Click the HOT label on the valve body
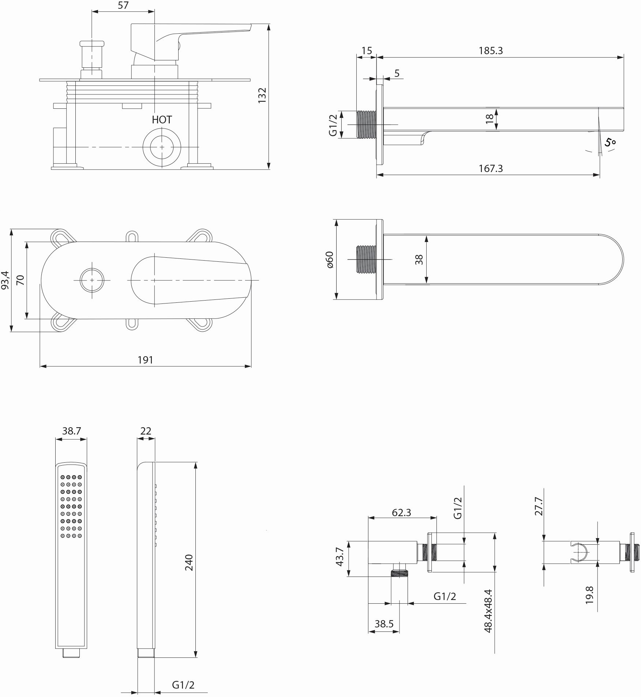pyautogui.click(x=162, y=120)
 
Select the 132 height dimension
pyautogui.click(x=262, y=96)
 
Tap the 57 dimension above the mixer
pyautogui.click(x=123, y=5)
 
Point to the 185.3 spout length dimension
pyautogui.click(x=491, y=51)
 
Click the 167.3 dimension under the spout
pyautogui.click(x=491, y=168)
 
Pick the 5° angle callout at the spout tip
pyautogui.click(x=610, y=142)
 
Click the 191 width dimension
pyautogui.click(x=145, y=360)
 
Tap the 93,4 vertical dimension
pyautogui.click(x=5, y=280)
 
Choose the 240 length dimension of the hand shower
pyautogui.click(x=189, y=562)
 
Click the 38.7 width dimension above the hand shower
pyautogui.click(x=71, y=431)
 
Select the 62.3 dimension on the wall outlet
pyautogui.click(x=401, y=512)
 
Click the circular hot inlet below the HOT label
pyautogui.click(x=162, y=147)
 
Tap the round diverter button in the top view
pyautogui.click(x=92, y=280)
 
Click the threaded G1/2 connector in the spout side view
pyautogui.click(x=366, y=124)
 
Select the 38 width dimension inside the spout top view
pyautogui.click(x=419, y=259)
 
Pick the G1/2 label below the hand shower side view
pyautogui.click(x=183, y=685)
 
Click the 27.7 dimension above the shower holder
pyautogui.click(x=539, y=506)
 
